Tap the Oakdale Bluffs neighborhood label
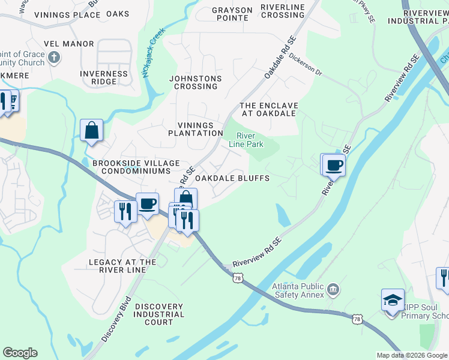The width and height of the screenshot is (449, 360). [x=232, y=178]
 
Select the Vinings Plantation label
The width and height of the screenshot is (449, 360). [x=196, y=129]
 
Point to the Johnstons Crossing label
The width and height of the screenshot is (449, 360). [x=196, y=82]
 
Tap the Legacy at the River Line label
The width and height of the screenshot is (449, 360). [x=122, y=266]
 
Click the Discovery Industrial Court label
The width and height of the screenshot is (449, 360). [x=159, y=314]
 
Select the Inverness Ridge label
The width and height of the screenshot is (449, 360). [x=104, y=77]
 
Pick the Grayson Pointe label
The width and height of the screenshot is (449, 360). [x=232, y=14]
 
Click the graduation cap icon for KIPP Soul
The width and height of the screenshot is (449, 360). [x=393, y=299]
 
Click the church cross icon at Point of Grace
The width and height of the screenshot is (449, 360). [x=54, y=58]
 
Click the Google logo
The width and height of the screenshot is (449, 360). [x=20, y=353]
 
